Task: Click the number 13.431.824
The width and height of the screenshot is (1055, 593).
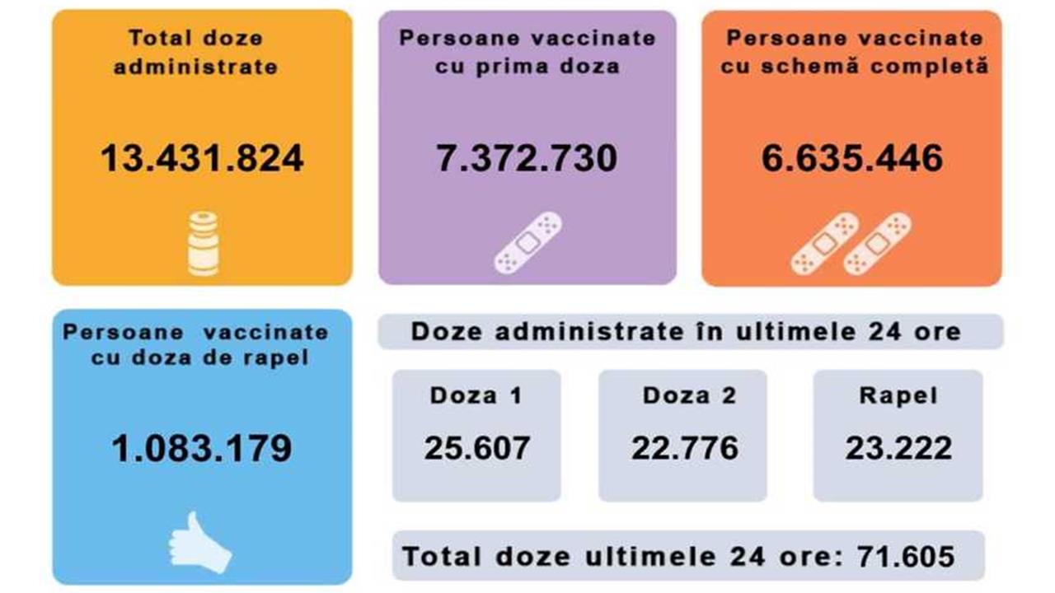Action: [202, 158]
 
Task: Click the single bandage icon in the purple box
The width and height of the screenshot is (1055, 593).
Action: [527, 243]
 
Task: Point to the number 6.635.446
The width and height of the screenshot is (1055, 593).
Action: [851, 158]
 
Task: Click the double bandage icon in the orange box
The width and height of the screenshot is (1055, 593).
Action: [851, 243]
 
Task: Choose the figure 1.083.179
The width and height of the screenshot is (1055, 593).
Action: [202, 448]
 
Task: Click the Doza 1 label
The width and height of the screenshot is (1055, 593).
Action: [476, 395]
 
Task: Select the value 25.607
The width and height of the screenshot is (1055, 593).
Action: [477, 448]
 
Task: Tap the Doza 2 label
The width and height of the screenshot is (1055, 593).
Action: [689, 395]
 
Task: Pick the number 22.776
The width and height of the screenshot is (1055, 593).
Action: [685, 448]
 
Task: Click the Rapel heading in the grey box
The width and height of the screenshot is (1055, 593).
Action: [898, 395]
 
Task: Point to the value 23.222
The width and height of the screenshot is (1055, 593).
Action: [898, 448]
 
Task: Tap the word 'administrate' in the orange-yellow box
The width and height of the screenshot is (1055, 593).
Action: [195, 67]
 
